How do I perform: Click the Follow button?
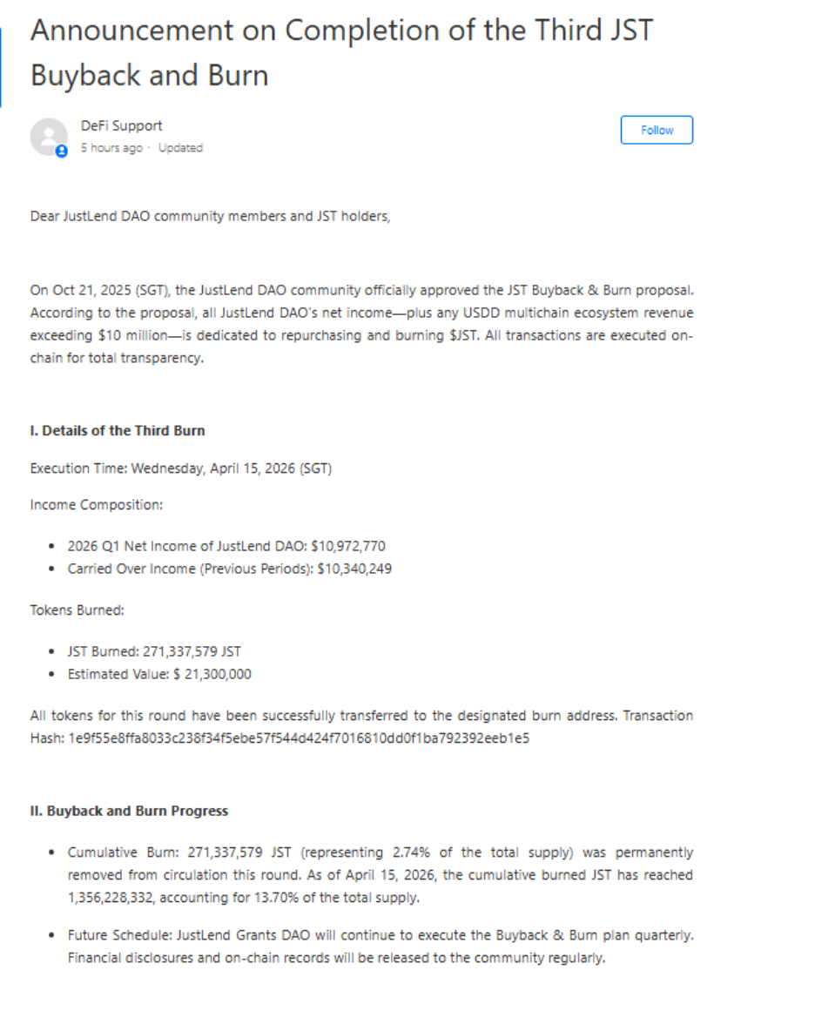[x=657, y=130]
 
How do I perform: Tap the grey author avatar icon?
[x=49, y=137]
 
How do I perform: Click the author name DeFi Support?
[x=122, y=125]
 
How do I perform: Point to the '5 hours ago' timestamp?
[x=111, y=148]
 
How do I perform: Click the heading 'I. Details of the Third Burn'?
[x=118, y=431]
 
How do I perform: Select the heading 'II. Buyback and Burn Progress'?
[x=129, y=811]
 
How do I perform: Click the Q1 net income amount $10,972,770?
[x=347, y=546]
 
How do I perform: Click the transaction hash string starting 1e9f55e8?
[x=299, y=738]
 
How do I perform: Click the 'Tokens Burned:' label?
[x=77, y=610]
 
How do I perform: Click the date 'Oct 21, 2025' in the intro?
[x=87, y=290]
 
